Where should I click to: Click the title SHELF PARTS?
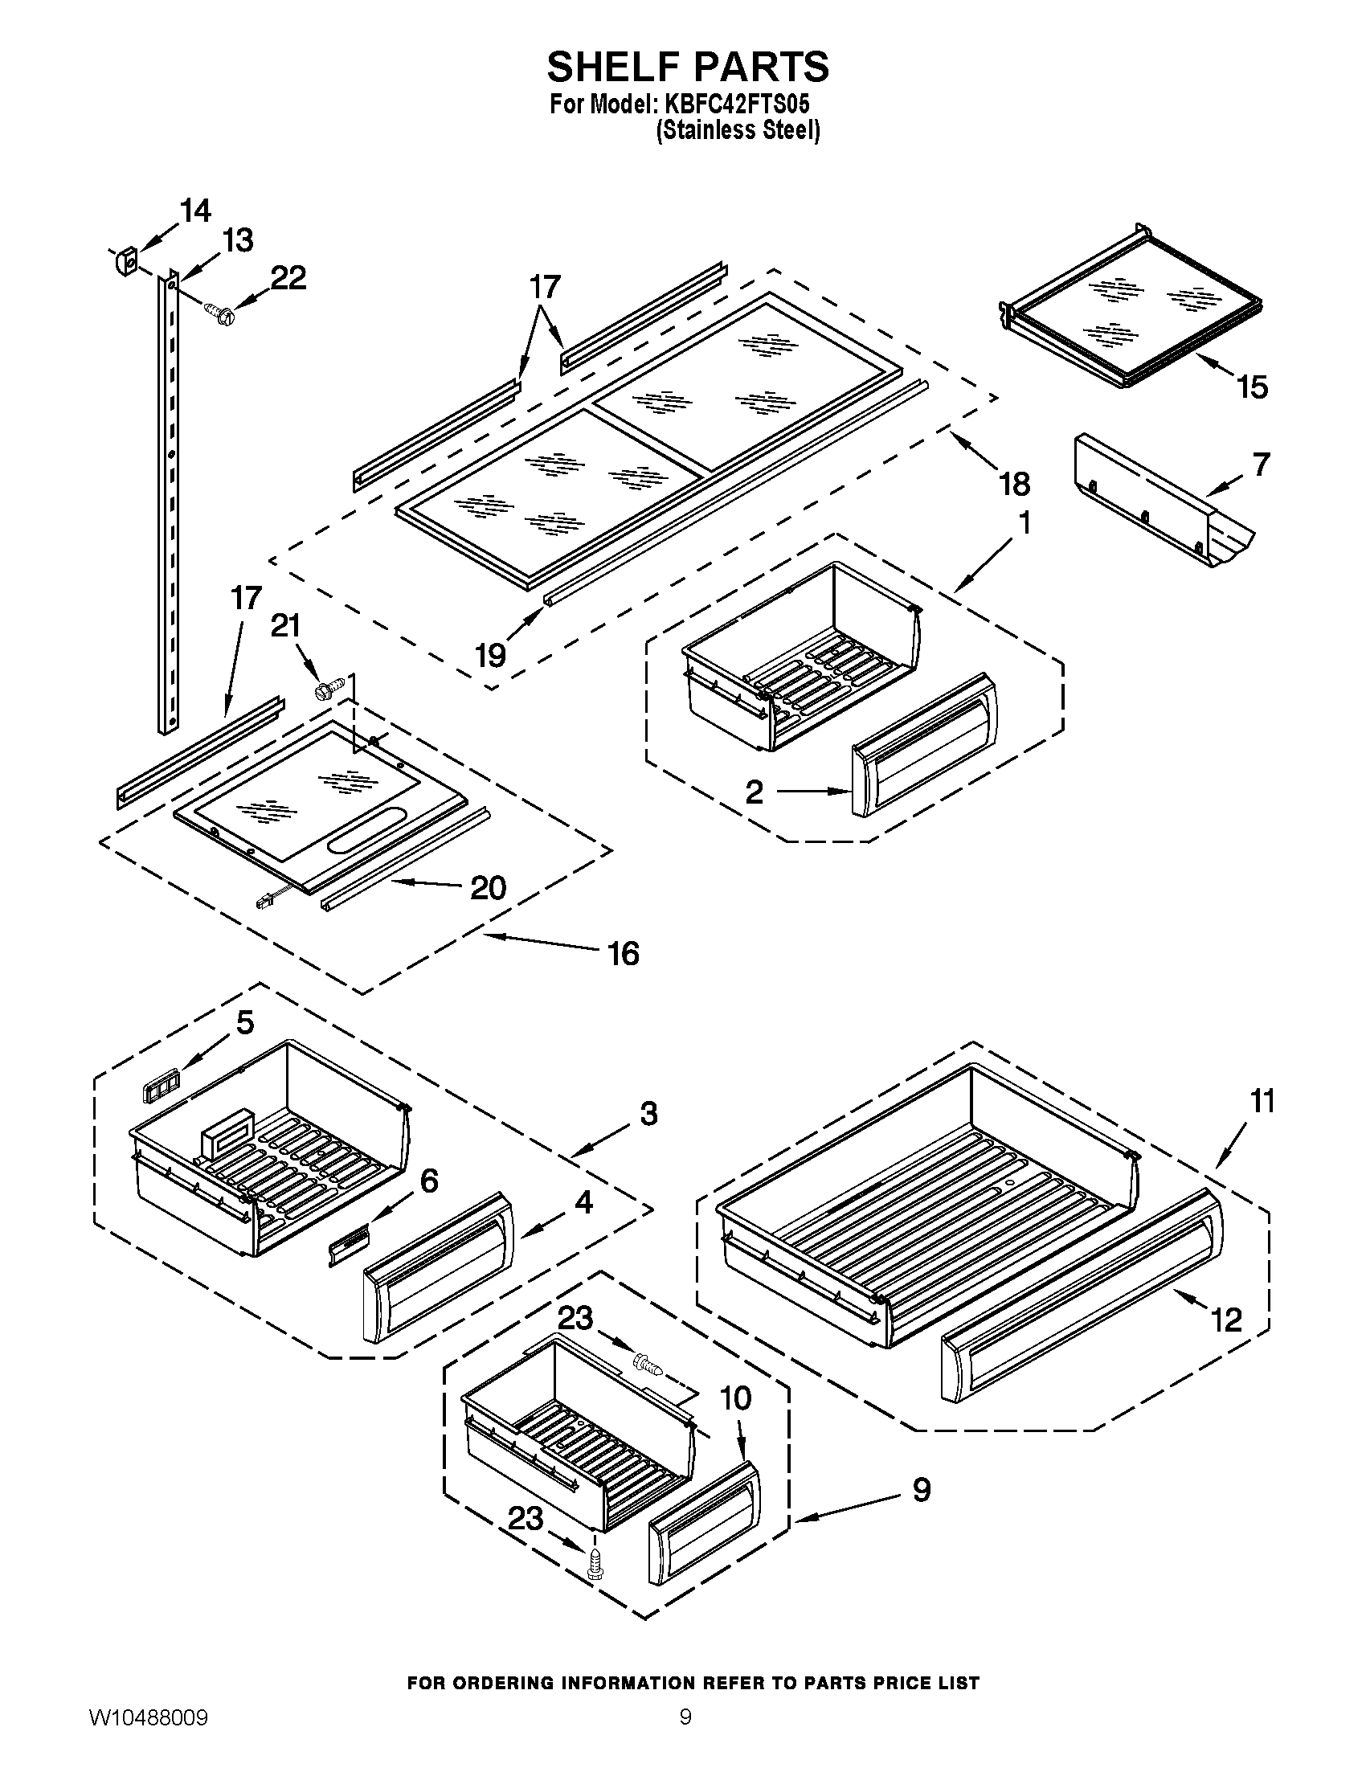pos(687,67)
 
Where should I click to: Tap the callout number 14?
pos(194,211)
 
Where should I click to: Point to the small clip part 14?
pos(128,261)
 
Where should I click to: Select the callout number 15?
pos(1251,388)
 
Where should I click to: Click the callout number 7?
pos(1261,464)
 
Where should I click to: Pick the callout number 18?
pos(1013,484)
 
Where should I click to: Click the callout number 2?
pos(754,792)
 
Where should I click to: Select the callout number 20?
pos(488,888)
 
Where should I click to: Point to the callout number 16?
pos(623,953)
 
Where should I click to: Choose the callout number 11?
pos(1262,1101)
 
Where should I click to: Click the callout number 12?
pos(1227,1320)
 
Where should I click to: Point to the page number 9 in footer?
pos(685,1737)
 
